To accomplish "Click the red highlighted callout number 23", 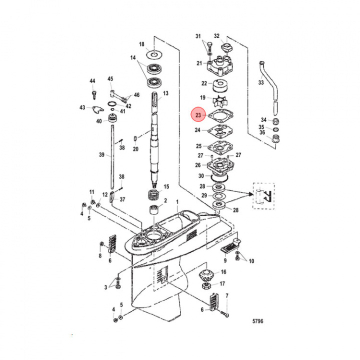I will tap(198, 115).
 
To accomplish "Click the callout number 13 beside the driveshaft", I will tap(165, 93).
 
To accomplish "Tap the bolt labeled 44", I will tap(92, 93).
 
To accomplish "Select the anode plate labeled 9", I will tap(231, 247).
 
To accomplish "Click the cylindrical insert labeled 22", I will tap(219, 83).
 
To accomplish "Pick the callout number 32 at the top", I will tap(217, 35).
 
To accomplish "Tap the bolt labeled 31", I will tap(207, 47).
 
